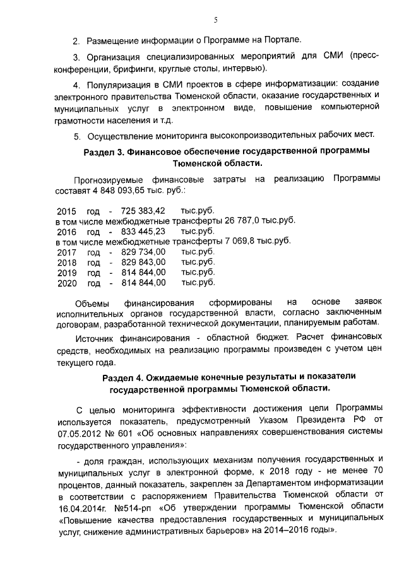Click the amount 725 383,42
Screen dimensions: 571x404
[138, 210]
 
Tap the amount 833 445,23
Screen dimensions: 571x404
[138, 231]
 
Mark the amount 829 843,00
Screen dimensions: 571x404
[138, 262]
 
